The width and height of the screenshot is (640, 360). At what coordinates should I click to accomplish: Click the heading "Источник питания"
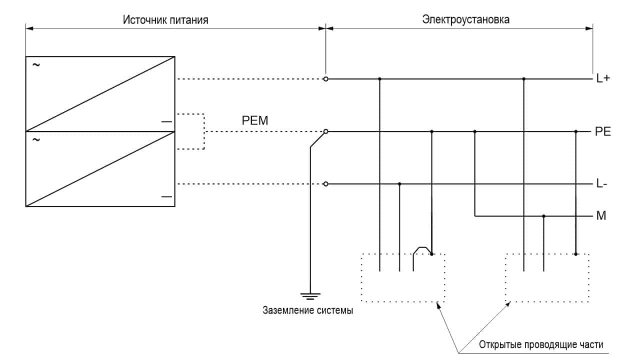coord(165,20)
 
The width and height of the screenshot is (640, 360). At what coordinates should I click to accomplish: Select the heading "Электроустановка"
coord(459,20)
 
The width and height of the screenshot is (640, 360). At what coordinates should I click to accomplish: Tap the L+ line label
coord(603,79)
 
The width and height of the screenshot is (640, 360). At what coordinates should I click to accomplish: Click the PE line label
coord(603,132)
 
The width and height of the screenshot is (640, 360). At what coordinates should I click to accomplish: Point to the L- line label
coord(602,184)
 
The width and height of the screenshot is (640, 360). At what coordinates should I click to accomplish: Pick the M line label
coord(601,216)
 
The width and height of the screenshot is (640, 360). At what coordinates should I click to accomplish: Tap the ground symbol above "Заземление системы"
coord(310,295)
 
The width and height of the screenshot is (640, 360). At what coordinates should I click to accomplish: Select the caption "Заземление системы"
coord(308,310)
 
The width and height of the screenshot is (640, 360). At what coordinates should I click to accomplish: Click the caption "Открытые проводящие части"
coord(541,345)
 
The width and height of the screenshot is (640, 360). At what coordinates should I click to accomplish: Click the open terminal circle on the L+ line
coord(326,79)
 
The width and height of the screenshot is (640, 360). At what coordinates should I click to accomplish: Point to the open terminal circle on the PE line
coord(326,131)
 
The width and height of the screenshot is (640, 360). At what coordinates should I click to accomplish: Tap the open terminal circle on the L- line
coord(326,184)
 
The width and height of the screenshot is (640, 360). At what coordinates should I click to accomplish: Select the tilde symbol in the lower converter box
coord(36,140)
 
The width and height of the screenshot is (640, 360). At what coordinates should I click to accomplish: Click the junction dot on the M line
coord(543,216)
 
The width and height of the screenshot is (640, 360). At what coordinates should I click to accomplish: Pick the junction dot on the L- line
coord(399,184)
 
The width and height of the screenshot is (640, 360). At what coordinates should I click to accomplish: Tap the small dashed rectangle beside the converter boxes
coord(190,131)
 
